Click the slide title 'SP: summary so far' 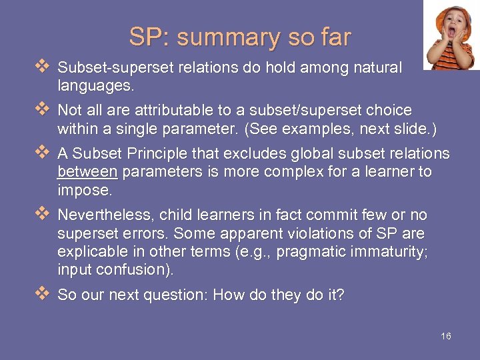click(239, 37)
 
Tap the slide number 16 click(446, 336)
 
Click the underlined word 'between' click(87, 171)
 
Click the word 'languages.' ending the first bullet click(96, 85)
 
